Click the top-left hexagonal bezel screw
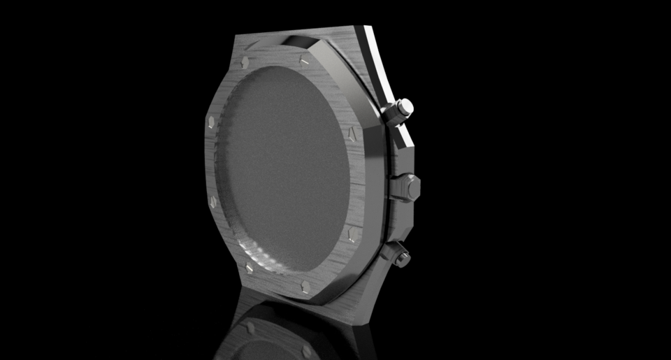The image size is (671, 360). point(245,62)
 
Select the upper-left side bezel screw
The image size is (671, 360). point(210,123)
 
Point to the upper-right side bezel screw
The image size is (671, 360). point(352,133)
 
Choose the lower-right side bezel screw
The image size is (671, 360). point(352,233)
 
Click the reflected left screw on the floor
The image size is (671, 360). point(250,327)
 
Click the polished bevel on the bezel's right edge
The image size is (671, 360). point(370,175)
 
